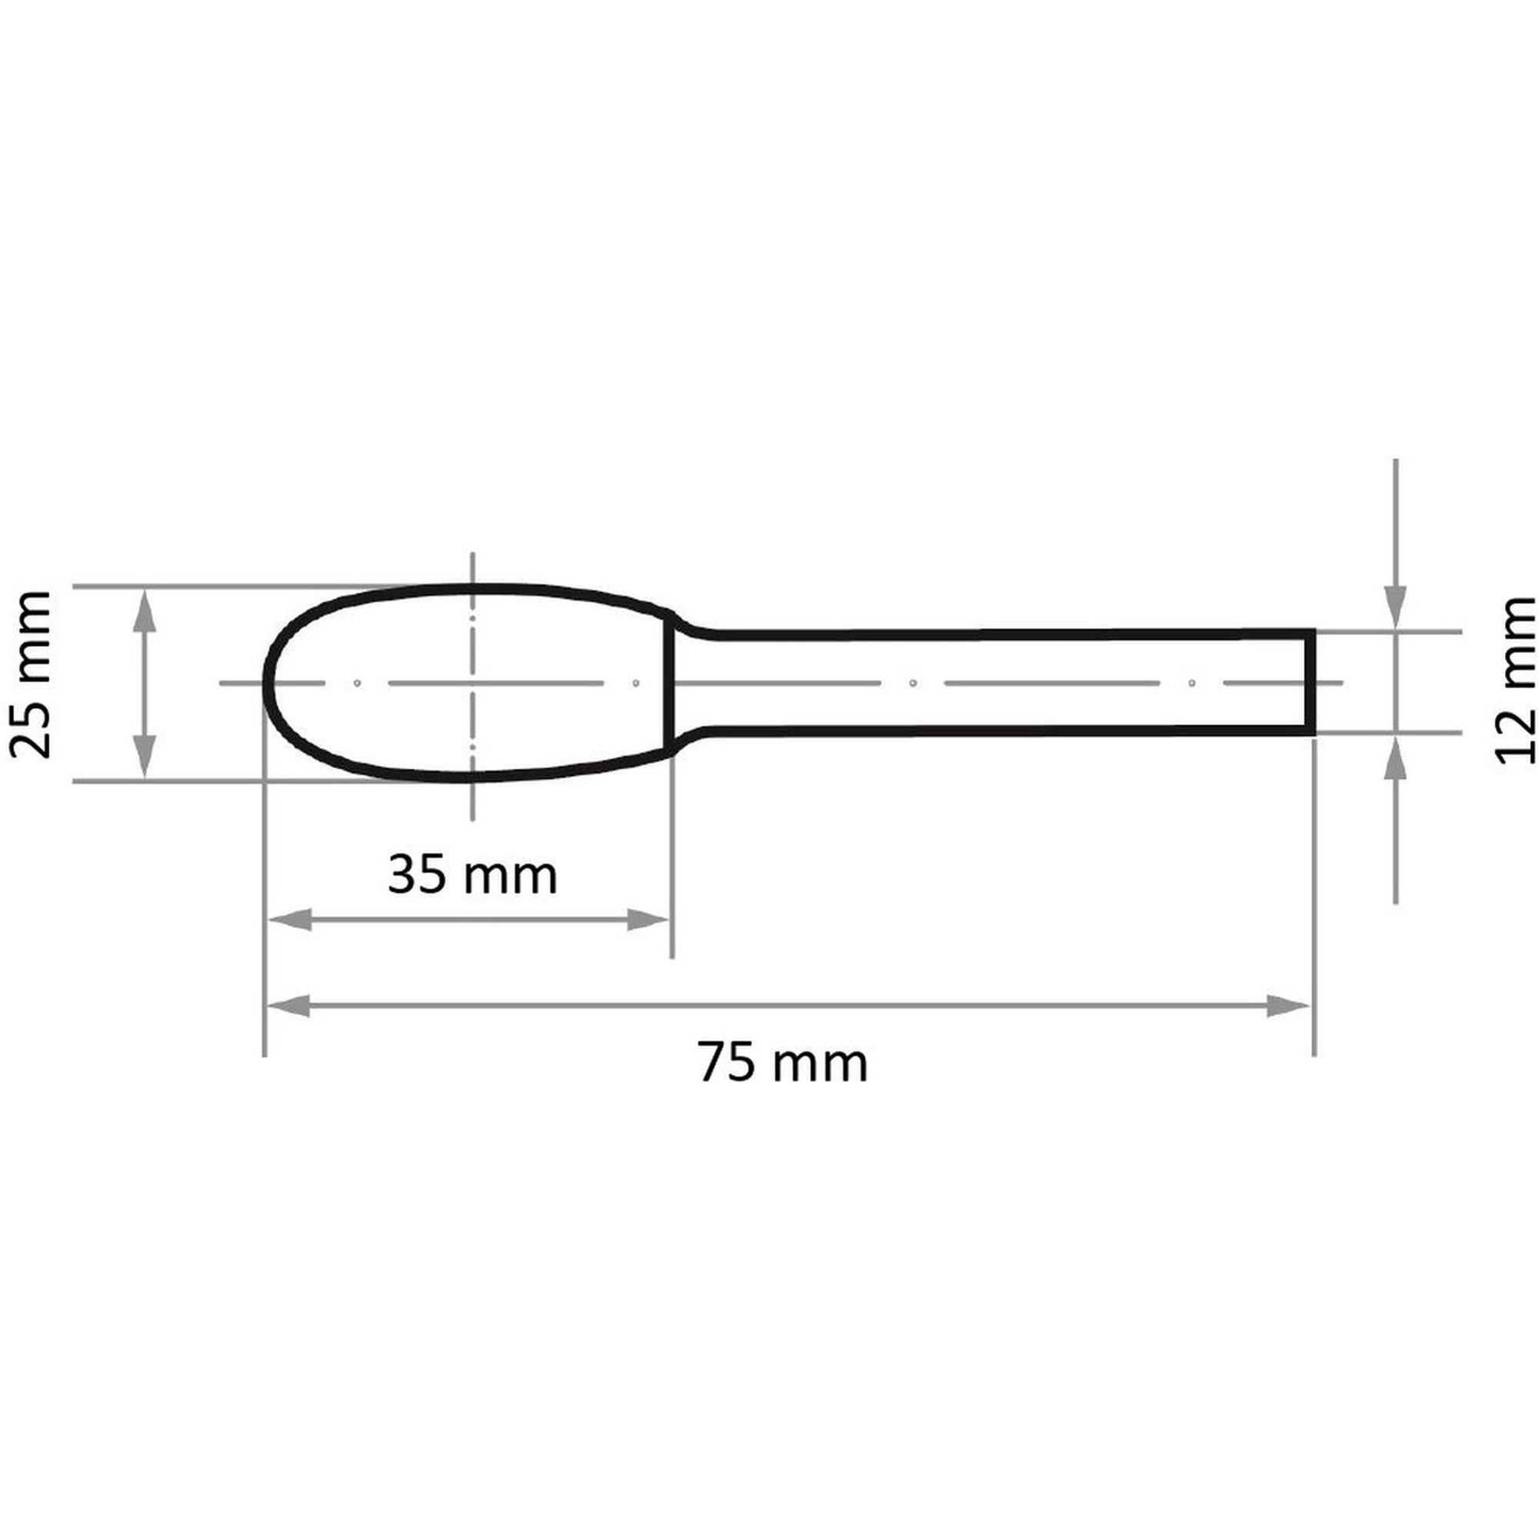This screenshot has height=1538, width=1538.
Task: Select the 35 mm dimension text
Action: tap(473, 876)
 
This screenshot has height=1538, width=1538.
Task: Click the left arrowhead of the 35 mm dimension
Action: tap(288, 920)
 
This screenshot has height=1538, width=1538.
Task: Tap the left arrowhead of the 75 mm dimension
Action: tap(288, 1005)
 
